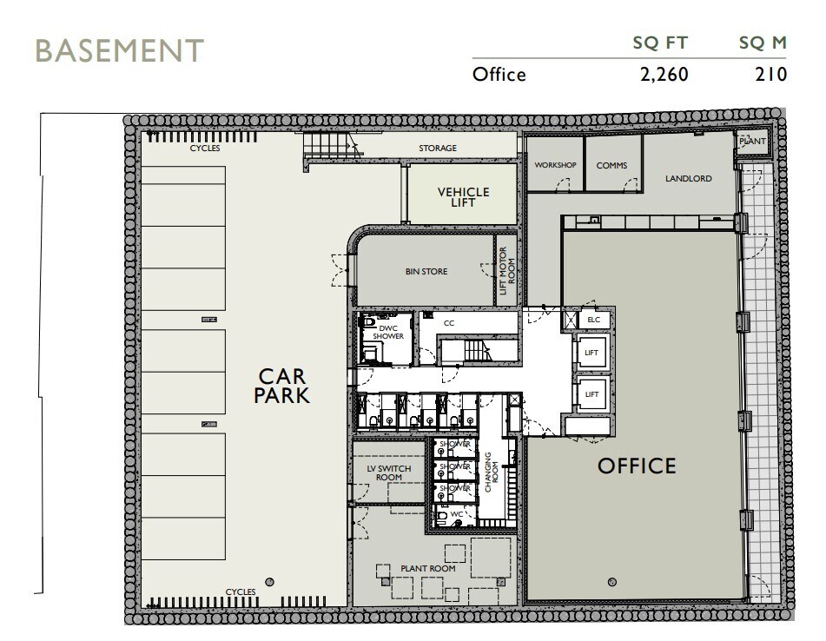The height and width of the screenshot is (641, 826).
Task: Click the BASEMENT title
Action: (119, 50)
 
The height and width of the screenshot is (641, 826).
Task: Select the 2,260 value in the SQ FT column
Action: (664, 75)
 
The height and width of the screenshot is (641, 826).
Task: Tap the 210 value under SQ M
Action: (770, 75)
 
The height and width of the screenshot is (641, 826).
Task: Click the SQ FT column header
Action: (664, 43)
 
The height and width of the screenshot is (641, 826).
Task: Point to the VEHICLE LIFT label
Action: (463, 197)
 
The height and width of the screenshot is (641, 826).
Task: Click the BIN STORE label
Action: (426, 272)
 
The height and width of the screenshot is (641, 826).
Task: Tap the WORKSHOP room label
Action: (556, 165)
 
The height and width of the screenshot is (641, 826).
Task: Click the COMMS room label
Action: (611, 165)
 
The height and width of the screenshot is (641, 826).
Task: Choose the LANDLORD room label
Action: (688, 179)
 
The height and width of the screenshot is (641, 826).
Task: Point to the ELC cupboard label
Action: (594, 320)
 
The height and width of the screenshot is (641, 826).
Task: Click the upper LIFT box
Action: (592, 353)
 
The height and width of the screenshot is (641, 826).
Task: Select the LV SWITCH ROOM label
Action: (389, 474)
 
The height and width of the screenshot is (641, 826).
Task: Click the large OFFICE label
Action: (637, 466)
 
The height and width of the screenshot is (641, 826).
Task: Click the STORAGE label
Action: (438, 149)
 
